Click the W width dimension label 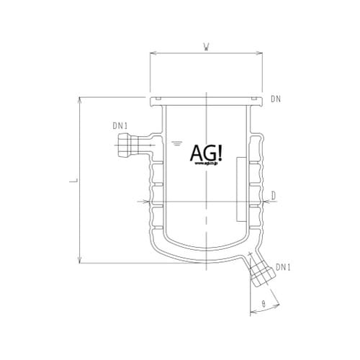click(x=207, y=48)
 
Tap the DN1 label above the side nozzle click(x=120, y=126)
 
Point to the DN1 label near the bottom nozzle click(x=283, y=269)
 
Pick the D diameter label click(x=274, y=194)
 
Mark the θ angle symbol click(x=264, y=305)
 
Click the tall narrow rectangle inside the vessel click(x=240, y=189)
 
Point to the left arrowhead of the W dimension click(x=153, y=53)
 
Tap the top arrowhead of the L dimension click(x=78, y=99)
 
